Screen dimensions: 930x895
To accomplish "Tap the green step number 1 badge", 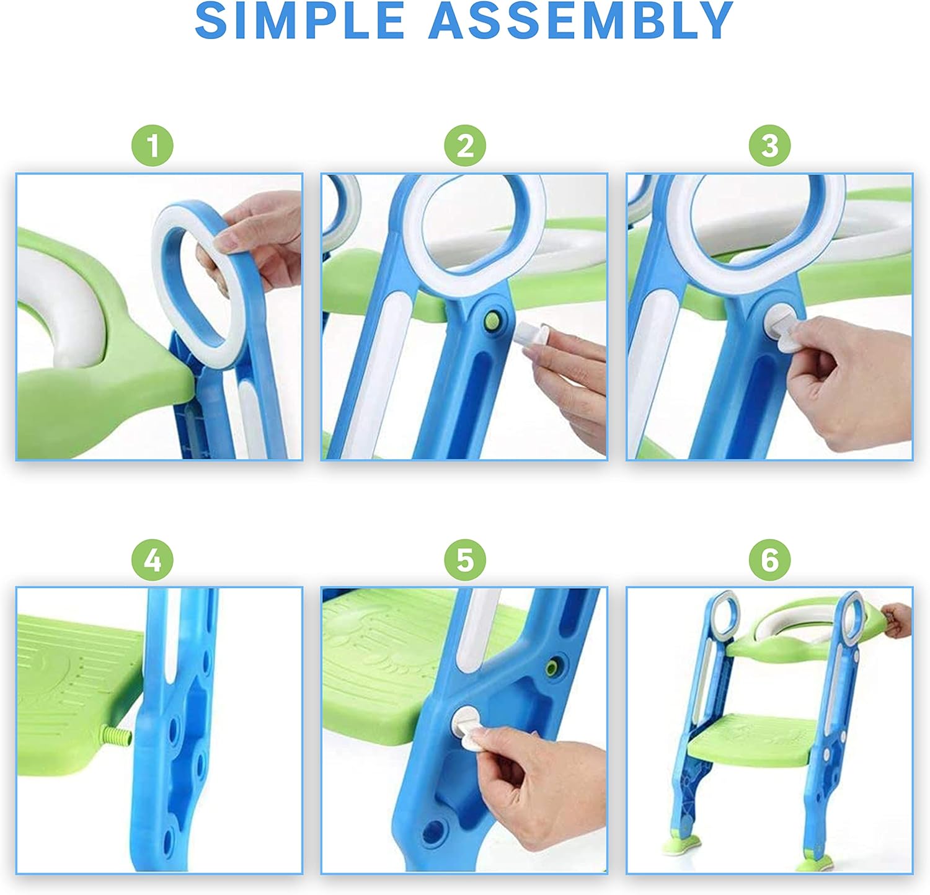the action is coord(153,146).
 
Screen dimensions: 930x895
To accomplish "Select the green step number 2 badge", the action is coord(465,146).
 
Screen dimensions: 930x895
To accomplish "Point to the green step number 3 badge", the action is coord(769,146).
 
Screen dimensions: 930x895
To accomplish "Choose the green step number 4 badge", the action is coord(153,560).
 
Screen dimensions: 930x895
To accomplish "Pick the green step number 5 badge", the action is coord(465,560).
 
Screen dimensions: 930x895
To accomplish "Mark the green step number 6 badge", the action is coord(769,560).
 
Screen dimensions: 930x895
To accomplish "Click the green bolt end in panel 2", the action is coord(494,320).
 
